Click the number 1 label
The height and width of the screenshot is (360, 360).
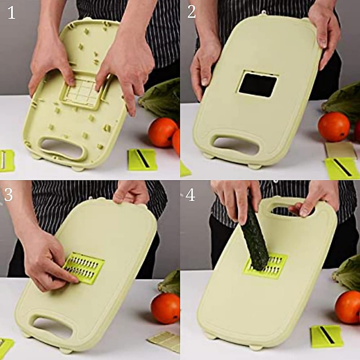[11, 13]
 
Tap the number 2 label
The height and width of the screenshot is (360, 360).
[191, 12]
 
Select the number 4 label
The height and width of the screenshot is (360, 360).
[190, 195]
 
